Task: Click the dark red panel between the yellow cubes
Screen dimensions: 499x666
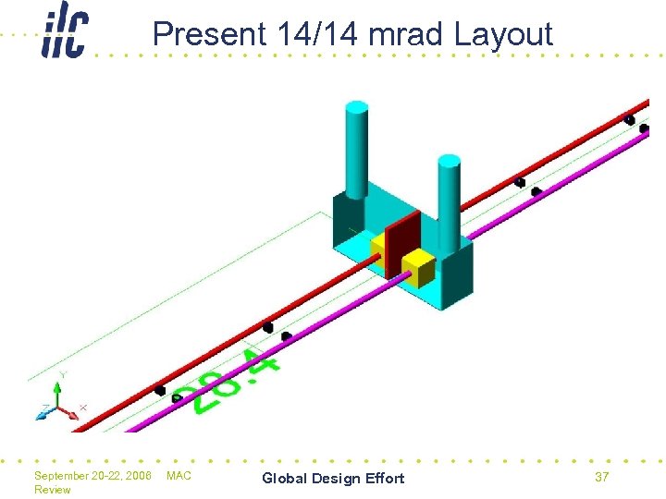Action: pyautogui.click(x=402, y=245)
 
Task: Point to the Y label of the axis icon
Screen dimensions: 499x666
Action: pyautogui.click(x=62, y=374)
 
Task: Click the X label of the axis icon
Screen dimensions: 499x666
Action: pyautogui.click(x=83, y=407)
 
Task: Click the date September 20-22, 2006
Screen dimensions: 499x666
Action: pyautogui.click(x=92, y=476)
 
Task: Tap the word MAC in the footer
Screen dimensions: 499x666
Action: pyautogui.click(x=179, y=476)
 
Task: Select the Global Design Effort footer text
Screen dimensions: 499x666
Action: pyautogui.click(x=333, y=478)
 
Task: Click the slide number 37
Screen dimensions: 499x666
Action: pyautogui.click(x=602, y=477)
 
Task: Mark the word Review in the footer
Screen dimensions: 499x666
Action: pyautogui.click(x=52, y=490)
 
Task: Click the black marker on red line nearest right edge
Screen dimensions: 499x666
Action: pyautogui.click(x=629, y=119)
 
